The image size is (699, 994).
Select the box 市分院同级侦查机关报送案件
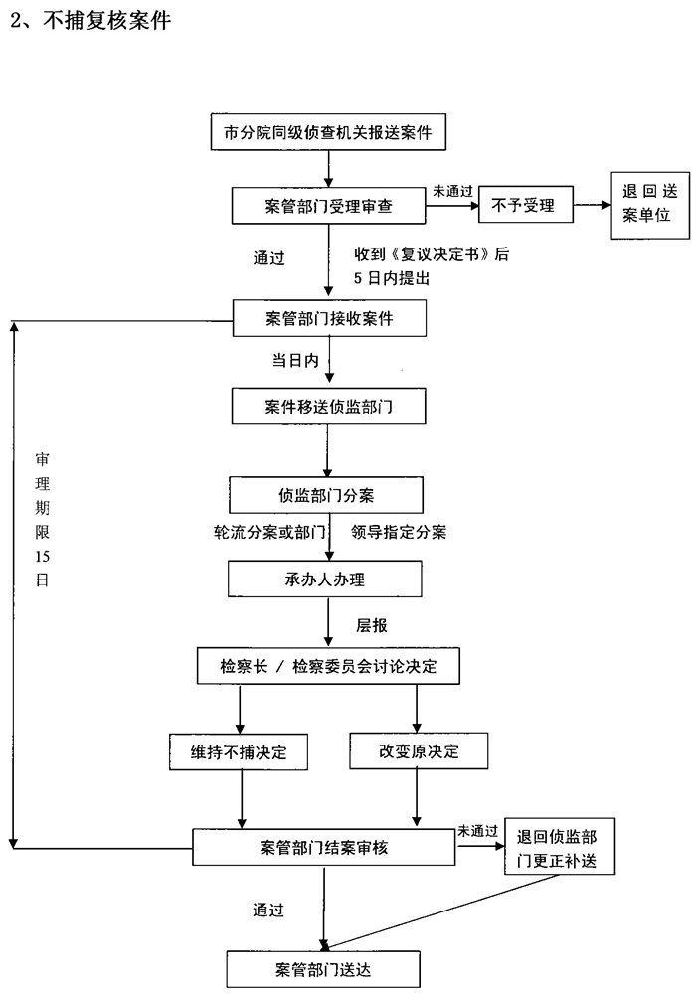tap(328, 131)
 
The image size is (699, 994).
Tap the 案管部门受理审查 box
tap(328, 206)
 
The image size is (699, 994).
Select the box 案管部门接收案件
tap(328, 318)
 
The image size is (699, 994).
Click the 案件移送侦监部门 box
tap(328, 407)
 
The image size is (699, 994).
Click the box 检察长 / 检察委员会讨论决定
tap(328, 667)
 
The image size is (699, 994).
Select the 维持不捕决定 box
tap(239, 751)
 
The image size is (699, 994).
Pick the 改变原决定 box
tap(419, 751)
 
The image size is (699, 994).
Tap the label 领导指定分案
tap(398, 532)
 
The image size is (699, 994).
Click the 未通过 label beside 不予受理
tap(452, 190)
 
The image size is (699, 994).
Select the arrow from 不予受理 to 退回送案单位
tap(594, 206)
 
